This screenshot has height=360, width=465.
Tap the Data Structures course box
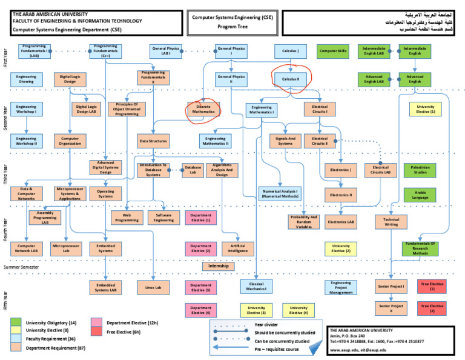(153, 141)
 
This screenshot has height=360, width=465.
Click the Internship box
(218, 266)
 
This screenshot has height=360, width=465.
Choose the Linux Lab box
(153, 287)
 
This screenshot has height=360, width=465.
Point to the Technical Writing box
(391, 222)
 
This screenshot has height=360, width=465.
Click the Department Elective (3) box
(200, 287)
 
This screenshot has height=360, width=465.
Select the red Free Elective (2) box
(432, 308)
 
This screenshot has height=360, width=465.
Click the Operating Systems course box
(106, 193)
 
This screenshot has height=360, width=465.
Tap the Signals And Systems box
(285, 141)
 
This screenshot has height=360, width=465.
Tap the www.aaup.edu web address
(348, 350)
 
